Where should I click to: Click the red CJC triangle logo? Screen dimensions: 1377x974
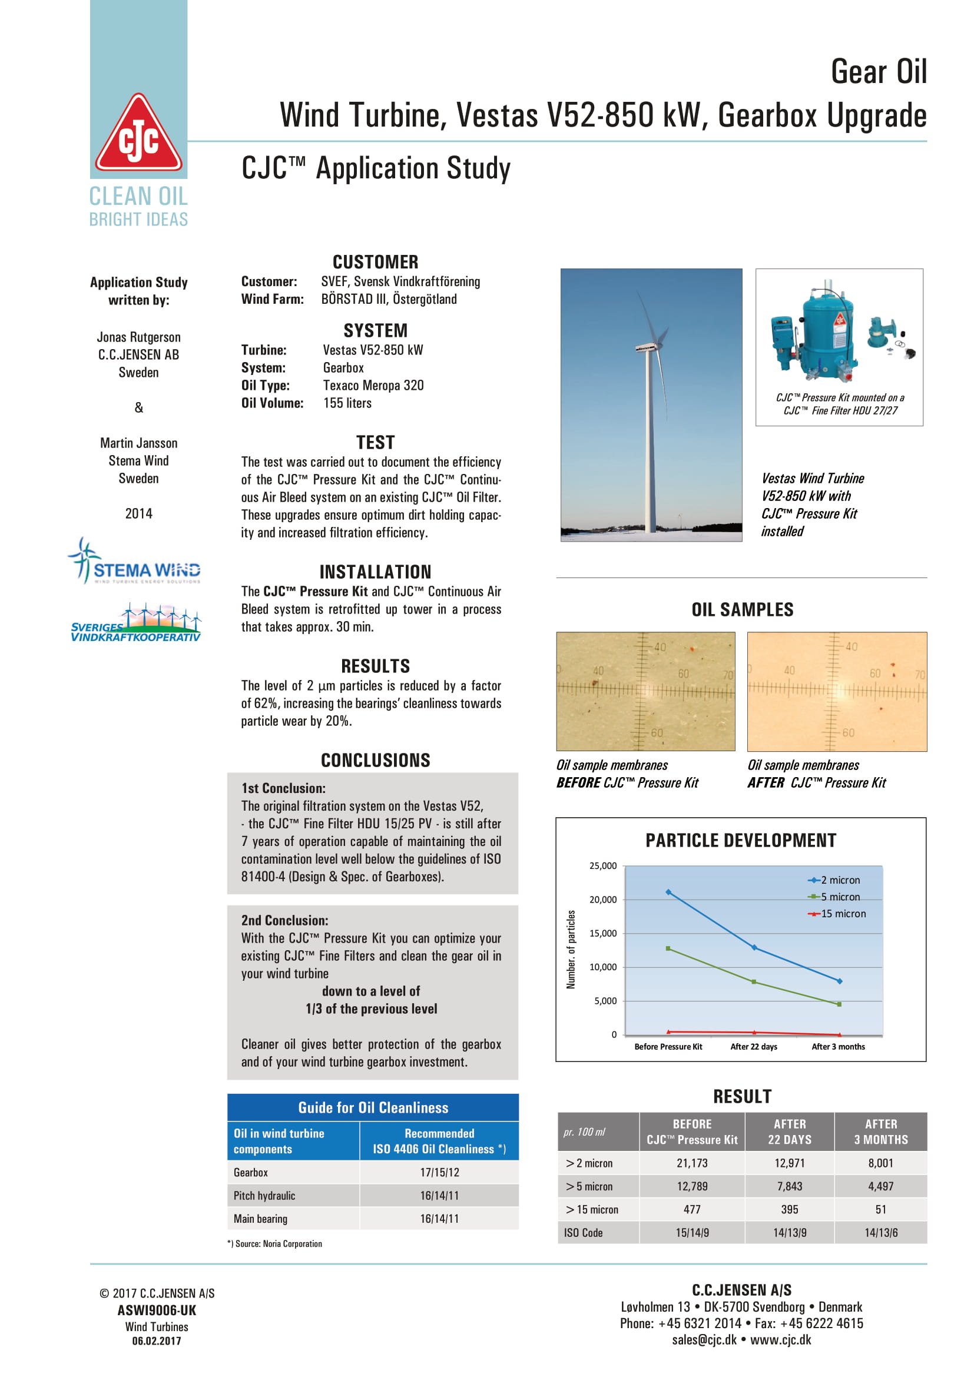pos(138,135)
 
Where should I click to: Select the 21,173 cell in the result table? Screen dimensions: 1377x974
pos(691,1163)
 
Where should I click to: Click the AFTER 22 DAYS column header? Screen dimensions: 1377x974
pos(789,1132)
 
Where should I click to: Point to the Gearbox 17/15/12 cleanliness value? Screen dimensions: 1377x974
pos(439,1173)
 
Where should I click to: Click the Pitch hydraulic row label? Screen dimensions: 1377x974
pos(264,1196)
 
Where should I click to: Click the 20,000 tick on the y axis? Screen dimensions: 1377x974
pos(603,900)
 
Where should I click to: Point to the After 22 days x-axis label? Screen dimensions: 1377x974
pos(753,1047)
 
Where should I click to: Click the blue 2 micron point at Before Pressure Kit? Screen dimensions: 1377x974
pos(668,892)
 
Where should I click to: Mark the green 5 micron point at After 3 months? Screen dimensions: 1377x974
pos(839,1004)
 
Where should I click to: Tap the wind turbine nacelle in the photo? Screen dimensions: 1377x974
pos(649,347)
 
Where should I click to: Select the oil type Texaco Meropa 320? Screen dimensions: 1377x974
pos(373,386)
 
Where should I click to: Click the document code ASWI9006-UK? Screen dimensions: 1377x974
pos(157,1310)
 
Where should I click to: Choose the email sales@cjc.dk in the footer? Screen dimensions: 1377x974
pos(704,1340)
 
